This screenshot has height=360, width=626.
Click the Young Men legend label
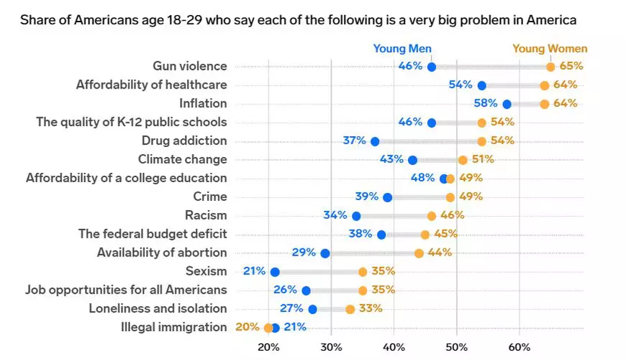coord(402,49)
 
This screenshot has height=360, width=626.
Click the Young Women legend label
coord(550,49)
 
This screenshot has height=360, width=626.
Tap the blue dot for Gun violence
coord(432,67)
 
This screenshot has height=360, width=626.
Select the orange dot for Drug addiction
coord(481,141)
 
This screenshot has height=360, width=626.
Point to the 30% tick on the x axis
coord(331,346)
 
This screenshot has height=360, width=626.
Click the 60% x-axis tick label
coord(519,346)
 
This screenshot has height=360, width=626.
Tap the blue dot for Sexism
coord(275,271)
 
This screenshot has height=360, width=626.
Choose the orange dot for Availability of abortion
coord(419,253)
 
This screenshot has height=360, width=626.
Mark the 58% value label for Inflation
coord(486,104)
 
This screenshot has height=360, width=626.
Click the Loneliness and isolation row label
coord(158,309)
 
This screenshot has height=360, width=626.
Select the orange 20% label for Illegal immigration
coord(247,327)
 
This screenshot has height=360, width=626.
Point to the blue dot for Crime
coord(388,197)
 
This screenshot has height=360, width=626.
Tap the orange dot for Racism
coord(432,215)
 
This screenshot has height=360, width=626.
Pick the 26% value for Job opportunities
coord(285,290)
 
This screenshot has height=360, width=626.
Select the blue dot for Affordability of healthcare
coord(482,86)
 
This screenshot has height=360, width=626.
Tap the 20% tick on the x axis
coord(268,346)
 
